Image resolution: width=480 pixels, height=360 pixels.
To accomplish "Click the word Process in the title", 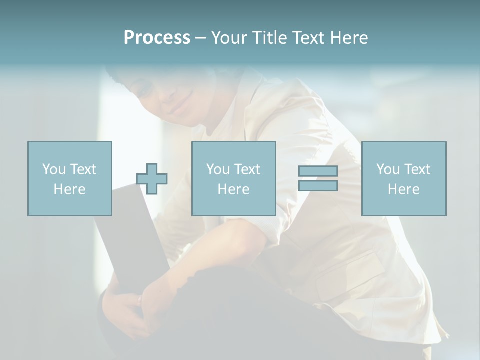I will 157,38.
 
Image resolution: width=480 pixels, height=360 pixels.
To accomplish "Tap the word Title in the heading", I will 268,38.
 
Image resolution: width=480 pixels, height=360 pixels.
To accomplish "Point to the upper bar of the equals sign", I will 318,171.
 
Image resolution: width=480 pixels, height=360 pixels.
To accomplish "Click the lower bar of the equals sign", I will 318,185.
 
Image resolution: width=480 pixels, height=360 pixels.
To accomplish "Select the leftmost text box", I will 70,178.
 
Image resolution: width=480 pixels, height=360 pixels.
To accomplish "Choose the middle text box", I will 233,178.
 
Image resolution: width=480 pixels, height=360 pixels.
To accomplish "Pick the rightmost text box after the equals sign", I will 403,178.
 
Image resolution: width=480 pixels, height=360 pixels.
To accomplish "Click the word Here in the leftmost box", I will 69,189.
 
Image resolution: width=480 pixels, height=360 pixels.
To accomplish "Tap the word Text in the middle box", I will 247,169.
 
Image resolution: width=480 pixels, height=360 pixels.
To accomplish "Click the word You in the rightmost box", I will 388,169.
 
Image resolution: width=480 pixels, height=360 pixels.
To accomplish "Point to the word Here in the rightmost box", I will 403,189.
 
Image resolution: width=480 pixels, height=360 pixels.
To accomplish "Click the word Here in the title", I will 349,38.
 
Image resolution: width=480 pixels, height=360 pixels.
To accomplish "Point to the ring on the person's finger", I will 140,300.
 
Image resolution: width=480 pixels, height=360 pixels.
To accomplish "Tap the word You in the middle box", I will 218,169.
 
